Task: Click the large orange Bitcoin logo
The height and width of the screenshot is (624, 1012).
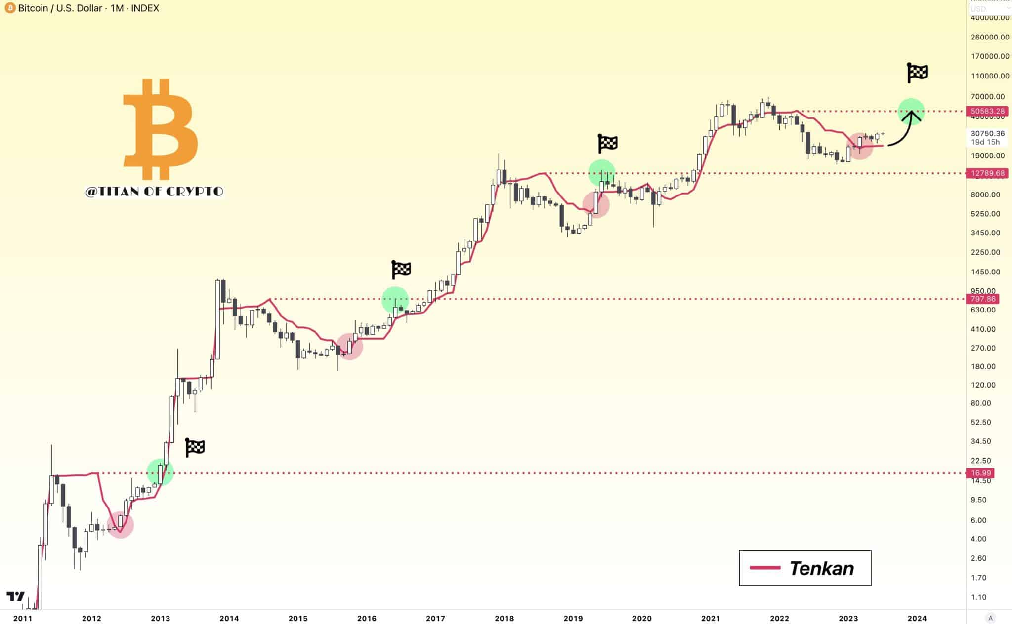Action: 160,129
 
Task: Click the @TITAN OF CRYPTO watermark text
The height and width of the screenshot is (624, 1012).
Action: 154,192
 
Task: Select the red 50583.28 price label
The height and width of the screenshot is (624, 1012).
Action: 987,112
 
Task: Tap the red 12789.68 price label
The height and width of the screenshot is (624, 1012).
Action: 987,173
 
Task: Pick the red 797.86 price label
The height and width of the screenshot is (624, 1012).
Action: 982,299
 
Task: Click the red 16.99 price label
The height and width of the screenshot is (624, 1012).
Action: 980,473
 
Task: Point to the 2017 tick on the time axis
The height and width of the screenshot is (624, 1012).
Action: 435,618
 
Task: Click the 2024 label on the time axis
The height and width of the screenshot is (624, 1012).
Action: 917,618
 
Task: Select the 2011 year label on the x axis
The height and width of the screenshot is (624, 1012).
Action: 23,618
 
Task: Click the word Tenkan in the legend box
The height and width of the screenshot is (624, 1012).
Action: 821,569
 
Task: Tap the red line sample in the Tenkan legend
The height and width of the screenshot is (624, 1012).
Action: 764,568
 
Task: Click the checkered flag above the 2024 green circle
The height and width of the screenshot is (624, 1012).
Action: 917,73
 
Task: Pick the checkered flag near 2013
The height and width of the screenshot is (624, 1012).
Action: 195,447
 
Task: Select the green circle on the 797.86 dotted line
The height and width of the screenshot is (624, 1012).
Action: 395,300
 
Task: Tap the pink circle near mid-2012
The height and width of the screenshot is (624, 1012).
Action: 120,525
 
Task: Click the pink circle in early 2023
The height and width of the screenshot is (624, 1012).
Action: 859,146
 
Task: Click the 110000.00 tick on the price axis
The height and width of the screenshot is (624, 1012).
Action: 989,76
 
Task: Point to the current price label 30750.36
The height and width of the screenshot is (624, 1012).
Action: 987,134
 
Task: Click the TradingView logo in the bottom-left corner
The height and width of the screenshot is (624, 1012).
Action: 15,596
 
